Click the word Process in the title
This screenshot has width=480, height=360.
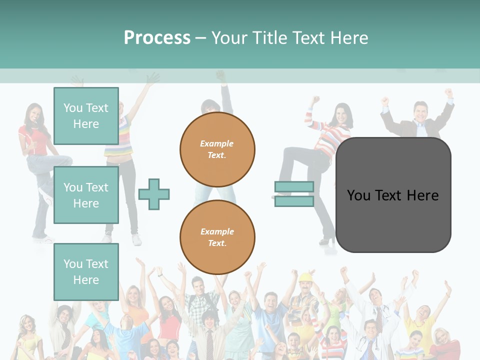(x=157, y=37)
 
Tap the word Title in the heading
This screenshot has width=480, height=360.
(x=268, y=37)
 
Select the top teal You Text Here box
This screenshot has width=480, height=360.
(x=86, y=116)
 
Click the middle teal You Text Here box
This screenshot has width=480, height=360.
(x=86, y=195)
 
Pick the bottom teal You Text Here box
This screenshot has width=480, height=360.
(x=86, y=271)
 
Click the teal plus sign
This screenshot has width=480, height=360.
(x=154, y=194)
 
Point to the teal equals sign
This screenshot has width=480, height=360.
(x=294, y=194)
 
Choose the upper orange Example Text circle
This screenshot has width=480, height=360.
(x=217, y=149)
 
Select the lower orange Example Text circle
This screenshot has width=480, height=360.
(x=217, y=237)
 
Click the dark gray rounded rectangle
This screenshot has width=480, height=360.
(x=393, y=195)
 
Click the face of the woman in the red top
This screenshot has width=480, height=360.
(x=34, y=113)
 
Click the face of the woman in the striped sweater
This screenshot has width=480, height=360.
(x=342, y=114)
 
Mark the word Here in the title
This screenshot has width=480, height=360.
(x=350, y=37)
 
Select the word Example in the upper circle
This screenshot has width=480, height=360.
(x=216, y=143)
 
